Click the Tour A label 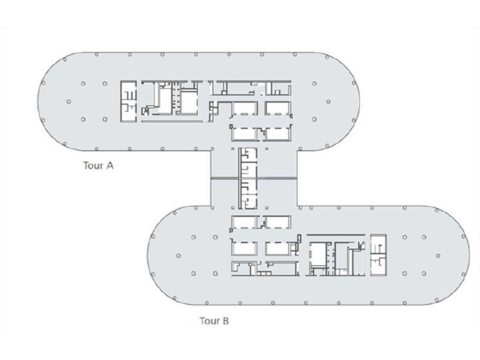[x=98, y=165]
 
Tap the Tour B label [x=214, y=321]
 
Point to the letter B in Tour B [x=225, y=321]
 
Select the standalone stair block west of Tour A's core [x=129, y=101]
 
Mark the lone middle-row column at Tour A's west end [x=69, y=102]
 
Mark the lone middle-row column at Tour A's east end [x=328, y=102]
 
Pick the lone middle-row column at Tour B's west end [x=178, y=256]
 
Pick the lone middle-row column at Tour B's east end [x=438, y=256]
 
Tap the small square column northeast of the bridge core [x=267, y=149]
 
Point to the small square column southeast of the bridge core [x=267, y=207]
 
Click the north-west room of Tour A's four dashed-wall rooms [x=244, y=108]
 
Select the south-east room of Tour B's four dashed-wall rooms [x=277, y=248]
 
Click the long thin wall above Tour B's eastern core [x=336, y=235]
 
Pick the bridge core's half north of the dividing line [x=248, y=162]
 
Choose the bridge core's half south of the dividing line [x=248, y=193]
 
